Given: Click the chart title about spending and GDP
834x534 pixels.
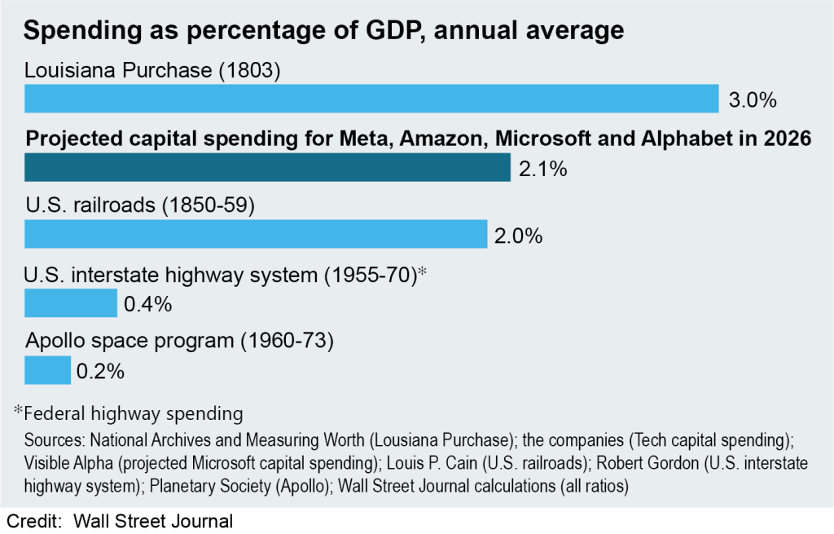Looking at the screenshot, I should [323, 32].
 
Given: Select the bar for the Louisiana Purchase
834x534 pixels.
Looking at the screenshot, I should [371, 99].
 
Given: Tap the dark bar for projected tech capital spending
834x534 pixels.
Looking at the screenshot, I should [267, 168].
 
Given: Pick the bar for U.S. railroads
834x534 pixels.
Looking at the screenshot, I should [256, 234].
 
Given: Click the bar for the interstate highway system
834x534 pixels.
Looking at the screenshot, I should [71, 303].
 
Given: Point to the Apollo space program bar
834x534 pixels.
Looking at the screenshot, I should [47, 370].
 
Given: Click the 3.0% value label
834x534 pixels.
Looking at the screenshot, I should [753, 101].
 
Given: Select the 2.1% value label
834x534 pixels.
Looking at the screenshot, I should [542, 170].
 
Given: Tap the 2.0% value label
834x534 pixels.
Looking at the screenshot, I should [518, 236].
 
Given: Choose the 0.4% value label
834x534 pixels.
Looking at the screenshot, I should [147, 305].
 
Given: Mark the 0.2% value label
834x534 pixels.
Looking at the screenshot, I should [100, 372].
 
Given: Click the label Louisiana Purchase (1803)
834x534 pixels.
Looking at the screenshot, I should [152, 71].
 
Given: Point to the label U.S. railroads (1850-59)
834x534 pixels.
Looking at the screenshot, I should [140, 205].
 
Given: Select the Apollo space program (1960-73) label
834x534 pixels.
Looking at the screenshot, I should [180, 341].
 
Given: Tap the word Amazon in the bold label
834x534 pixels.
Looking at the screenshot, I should [431, 139].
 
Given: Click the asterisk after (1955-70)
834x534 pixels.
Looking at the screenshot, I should [423, 272].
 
